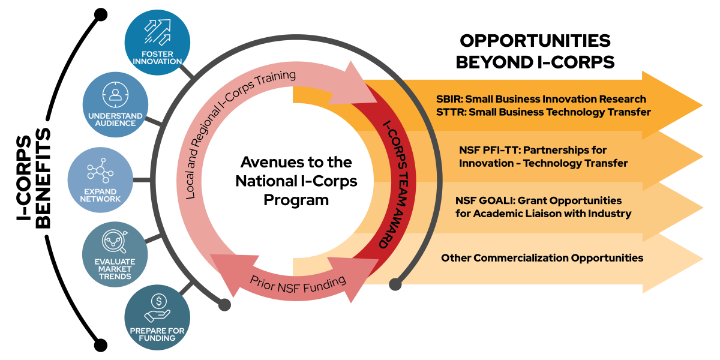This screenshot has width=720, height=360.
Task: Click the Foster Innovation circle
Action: click(x=157, y=42)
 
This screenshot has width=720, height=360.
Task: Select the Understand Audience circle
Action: click(x=115, y=106)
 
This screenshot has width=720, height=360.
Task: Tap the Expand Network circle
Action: click(x=100, y=179)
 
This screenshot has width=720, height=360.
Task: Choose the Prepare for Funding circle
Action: click(x=157, y=317)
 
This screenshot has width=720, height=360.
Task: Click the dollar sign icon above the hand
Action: click(x=158, y=301)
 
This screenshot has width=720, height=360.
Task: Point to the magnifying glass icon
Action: click(x=115, y=241)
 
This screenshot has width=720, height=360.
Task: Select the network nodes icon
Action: click(x=100, y=170)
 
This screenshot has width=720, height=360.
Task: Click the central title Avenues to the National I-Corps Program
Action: click(x=296, y=181)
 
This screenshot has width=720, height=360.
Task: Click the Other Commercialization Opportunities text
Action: click(x=542, y=258)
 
